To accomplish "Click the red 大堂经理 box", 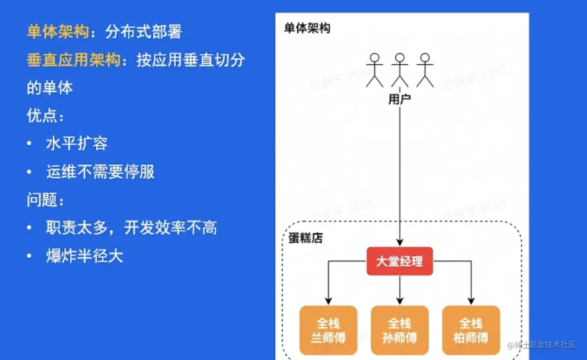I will click(x=400, y=261).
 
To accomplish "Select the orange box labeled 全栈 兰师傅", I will click(x=328, y=330).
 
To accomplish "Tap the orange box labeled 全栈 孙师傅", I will click(x=400, y=330).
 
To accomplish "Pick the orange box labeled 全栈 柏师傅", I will click(x=471, y=330).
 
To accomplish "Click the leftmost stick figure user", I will click(x=374, y=70).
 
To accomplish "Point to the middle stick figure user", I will click(x=400, y=70).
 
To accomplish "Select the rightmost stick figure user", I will click(x=425, y=70).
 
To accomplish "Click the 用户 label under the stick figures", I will click(x=400, y=100).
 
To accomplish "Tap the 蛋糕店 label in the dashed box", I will click(x=305, y=238).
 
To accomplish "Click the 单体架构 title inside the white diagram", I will click(x=307, y=29).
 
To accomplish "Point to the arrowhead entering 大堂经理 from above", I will click(x=400, y=242).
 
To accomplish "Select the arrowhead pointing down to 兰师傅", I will click(x=328, y=301).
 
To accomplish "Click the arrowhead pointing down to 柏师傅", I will click(x=471, y=301).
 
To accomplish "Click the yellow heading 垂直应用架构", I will click(x=73, y=60).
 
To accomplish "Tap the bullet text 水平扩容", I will click(x=77, y=144).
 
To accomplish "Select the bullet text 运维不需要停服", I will click(x=100, y=172).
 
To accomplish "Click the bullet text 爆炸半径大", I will click(x=85, y=256).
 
